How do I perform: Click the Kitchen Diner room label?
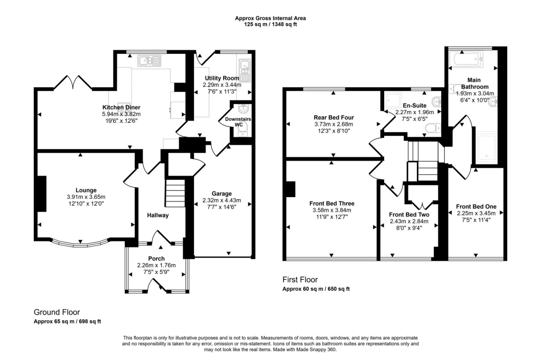click(x=121, y=107)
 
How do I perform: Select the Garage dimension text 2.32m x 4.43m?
click(x=221, y=200)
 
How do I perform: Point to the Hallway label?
click(x=157, y=215)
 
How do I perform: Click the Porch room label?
click(x=156, y=259)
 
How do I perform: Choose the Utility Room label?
click(x=222, y=78)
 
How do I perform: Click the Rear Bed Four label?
click(x=332, y=117)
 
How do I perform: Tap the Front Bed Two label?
click(x=408, y=215)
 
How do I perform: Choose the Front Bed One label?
click(x=476, y=206)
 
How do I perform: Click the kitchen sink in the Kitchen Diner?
click(x=149, y=61)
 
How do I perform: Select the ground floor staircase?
click(x=175, y=193)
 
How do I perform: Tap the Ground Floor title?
click(x=57, y=312)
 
